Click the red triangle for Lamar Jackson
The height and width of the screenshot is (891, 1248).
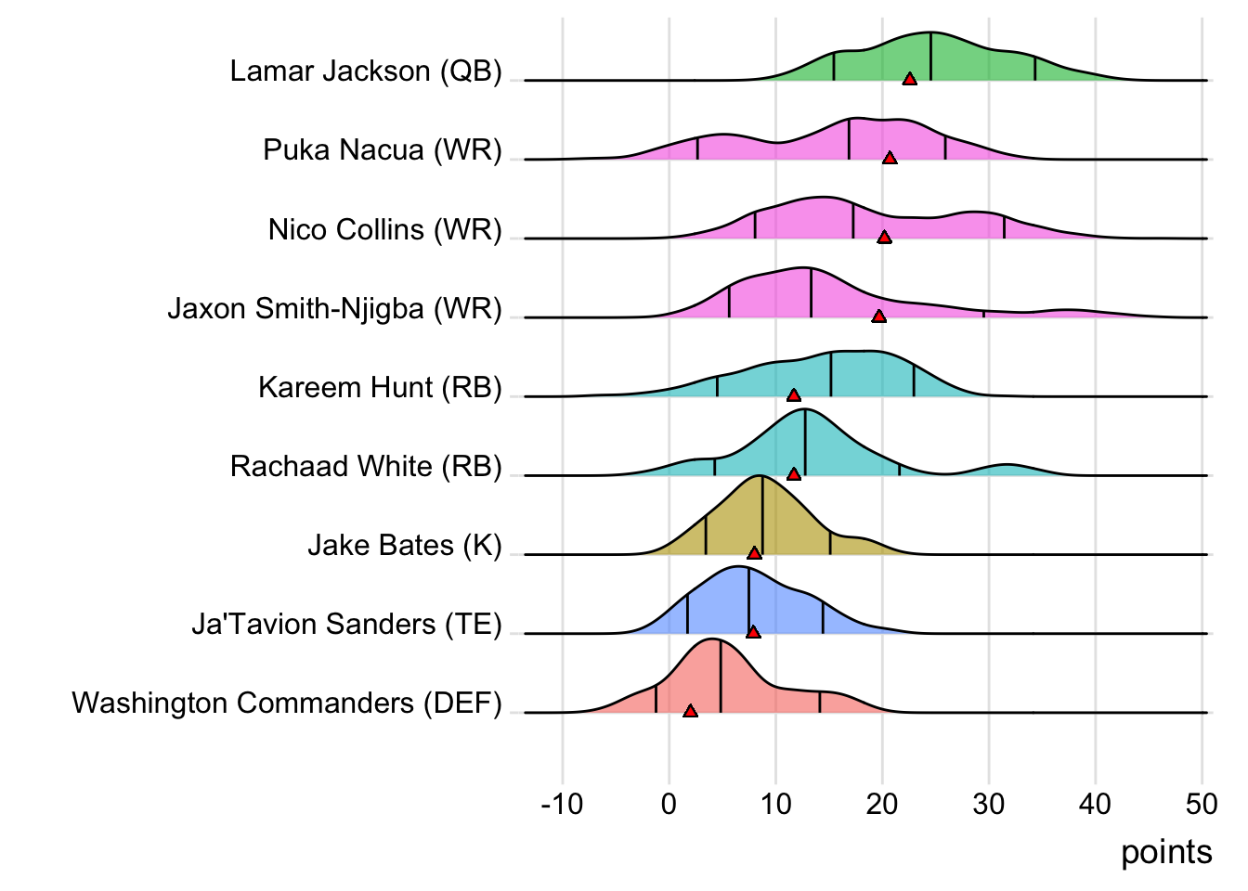910,80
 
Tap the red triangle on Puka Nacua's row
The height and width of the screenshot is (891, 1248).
890,159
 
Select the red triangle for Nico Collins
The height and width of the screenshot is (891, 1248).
884,238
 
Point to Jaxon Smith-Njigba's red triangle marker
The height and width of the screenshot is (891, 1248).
878,316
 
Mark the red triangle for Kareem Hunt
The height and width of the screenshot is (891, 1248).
794,395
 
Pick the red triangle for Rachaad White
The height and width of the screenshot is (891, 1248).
794,474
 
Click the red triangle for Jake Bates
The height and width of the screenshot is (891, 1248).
754,553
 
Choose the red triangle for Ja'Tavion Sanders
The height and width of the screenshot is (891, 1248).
753,632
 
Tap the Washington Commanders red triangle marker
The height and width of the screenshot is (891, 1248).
690,711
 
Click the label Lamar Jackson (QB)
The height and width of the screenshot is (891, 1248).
366,71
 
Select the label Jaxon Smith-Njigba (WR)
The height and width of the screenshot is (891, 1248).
334,309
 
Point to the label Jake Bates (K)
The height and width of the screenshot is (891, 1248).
404,546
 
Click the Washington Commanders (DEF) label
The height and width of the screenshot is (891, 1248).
287,704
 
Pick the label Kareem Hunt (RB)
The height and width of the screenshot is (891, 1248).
380,388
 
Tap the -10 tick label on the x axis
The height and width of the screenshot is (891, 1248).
562,804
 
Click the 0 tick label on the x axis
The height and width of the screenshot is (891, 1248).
669,804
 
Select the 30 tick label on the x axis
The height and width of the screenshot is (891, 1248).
989,804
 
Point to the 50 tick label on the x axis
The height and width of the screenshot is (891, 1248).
1202,804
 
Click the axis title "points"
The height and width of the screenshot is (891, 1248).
1166,852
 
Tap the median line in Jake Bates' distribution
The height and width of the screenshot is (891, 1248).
762,515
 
